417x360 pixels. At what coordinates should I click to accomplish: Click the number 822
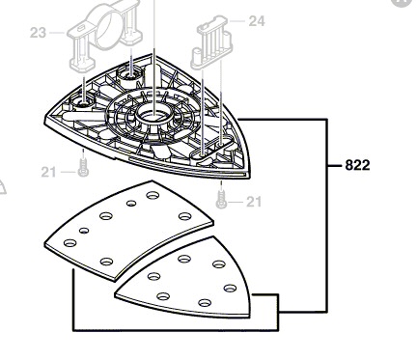coord(357,165)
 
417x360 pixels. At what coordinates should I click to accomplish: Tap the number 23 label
coord(38,33)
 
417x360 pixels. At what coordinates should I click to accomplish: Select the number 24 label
coord(257,21)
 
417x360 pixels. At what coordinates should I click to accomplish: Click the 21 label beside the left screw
coord(48,173)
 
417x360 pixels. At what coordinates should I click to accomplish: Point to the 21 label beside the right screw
coord(254,202)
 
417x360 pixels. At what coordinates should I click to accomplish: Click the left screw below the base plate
coord(83,166)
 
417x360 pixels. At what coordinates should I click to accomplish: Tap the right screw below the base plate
coord(221,199)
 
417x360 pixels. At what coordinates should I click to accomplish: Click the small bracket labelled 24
coord(211,43)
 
